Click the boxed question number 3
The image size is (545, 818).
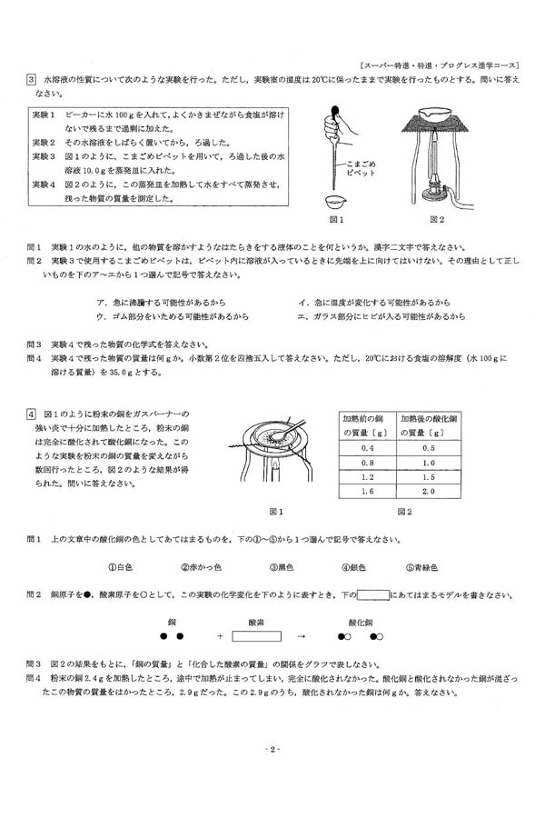(x=30, y=80)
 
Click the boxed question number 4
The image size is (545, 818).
(x=30, y=412)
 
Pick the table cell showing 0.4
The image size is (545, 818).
(x=368, y=448)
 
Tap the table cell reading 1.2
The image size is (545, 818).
(x=368, y=476)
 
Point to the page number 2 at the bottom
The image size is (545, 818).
(x=272, y=750)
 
